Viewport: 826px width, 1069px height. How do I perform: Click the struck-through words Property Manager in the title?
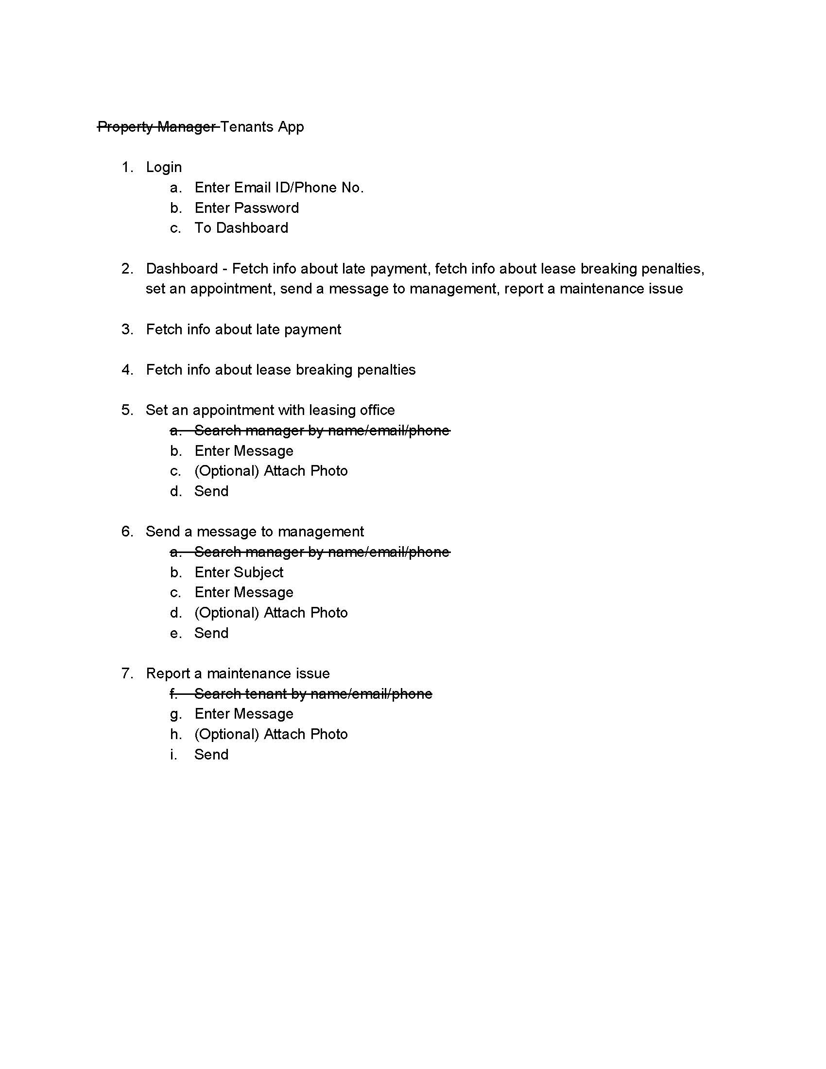(x=156, y=127)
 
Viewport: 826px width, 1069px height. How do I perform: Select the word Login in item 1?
(x=163, y=168)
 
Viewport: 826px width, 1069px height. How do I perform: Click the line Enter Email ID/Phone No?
(x=279, y=188)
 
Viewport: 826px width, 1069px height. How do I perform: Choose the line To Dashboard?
(x=241, y=228)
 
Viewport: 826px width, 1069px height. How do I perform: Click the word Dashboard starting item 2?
(x=182, y=269)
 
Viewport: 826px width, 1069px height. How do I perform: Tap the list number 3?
(x=127, y=329)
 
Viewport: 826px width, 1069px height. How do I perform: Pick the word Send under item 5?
(x=211, y=491)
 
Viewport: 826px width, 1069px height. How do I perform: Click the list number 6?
(x=127, y=532)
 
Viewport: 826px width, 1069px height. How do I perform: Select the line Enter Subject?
(x=239, y=572)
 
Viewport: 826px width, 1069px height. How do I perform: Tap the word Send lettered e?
(x=211, y=633)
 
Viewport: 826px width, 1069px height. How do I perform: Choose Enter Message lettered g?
(x=244, y=714)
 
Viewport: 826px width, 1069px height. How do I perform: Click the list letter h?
(x=176, y=734)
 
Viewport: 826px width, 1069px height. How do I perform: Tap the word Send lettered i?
(x=211, y=755)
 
